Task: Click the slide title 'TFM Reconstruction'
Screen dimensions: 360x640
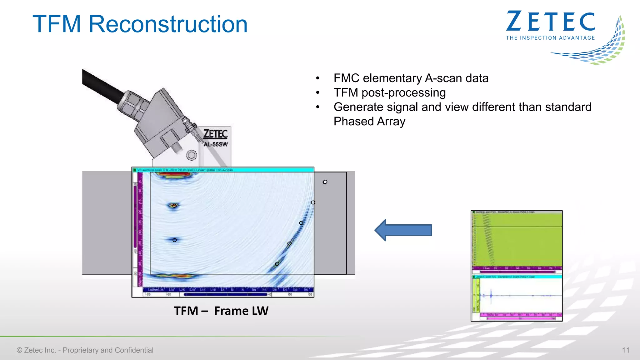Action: click(140, 24)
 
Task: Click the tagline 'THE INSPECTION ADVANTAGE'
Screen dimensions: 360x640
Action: click(550, 38)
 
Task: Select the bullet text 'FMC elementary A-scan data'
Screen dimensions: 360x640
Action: click(411, 78)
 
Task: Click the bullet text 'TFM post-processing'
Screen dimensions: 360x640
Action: click(389, 92)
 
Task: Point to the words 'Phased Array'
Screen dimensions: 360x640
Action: click(369, 121)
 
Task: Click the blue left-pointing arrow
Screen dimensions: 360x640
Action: click(403, 230)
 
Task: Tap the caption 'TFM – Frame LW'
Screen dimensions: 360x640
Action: click(221, 311)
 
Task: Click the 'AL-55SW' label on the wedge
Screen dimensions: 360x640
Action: click(216, 144)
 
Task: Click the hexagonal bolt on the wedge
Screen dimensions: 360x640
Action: click(192, 155)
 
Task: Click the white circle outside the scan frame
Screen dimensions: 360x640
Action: click(325, 182)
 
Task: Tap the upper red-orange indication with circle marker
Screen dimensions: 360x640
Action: click(174, 206)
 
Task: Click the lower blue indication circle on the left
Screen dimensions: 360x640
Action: click(175, 240)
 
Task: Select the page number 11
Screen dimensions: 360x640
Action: click(625, 350)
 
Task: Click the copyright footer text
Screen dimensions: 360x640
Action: click(85, 350)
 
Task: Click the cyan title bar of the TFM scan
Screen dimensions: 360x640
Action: click(223, 170)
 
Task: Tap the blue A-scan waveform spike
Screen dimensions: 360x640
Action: click(491, 295)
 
